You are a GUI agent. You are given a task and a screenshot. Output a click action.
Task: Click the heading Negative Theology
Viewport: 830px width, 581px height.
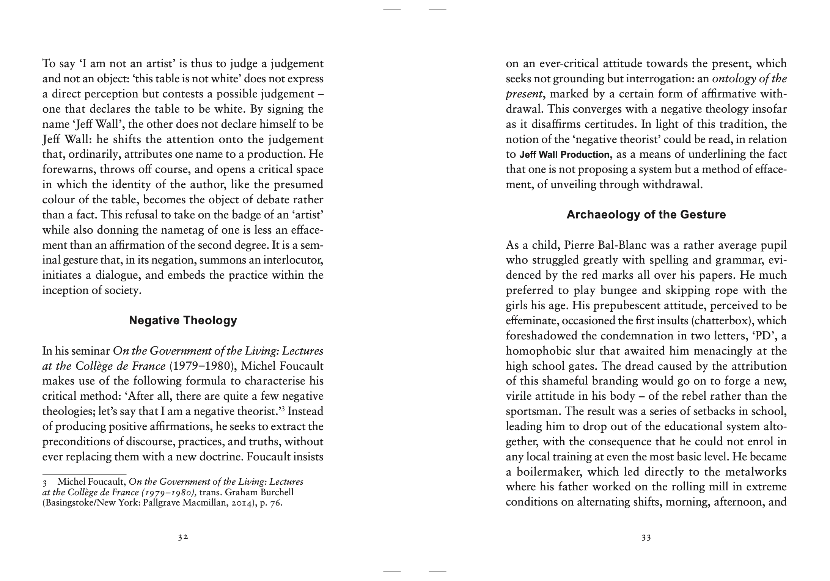(183, 320)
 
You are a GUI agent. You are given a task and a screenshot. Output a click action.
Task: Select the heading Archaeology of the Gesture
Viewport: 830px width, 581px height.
(646, 215)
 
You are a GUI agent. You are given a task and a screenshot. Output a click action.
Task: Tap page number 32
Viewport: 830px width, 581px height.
(183, 537)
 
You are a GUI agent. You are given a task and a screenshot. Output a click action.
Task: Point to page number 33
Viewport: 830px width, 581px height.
(646, 537)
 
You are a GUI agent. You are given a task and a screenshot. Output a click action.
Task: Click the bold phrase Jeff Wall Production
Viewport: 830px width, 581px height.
(564, 155)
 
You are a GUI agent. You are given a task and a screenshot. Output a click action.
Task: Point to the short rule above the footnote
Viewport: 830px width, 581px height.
(84, 474)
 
